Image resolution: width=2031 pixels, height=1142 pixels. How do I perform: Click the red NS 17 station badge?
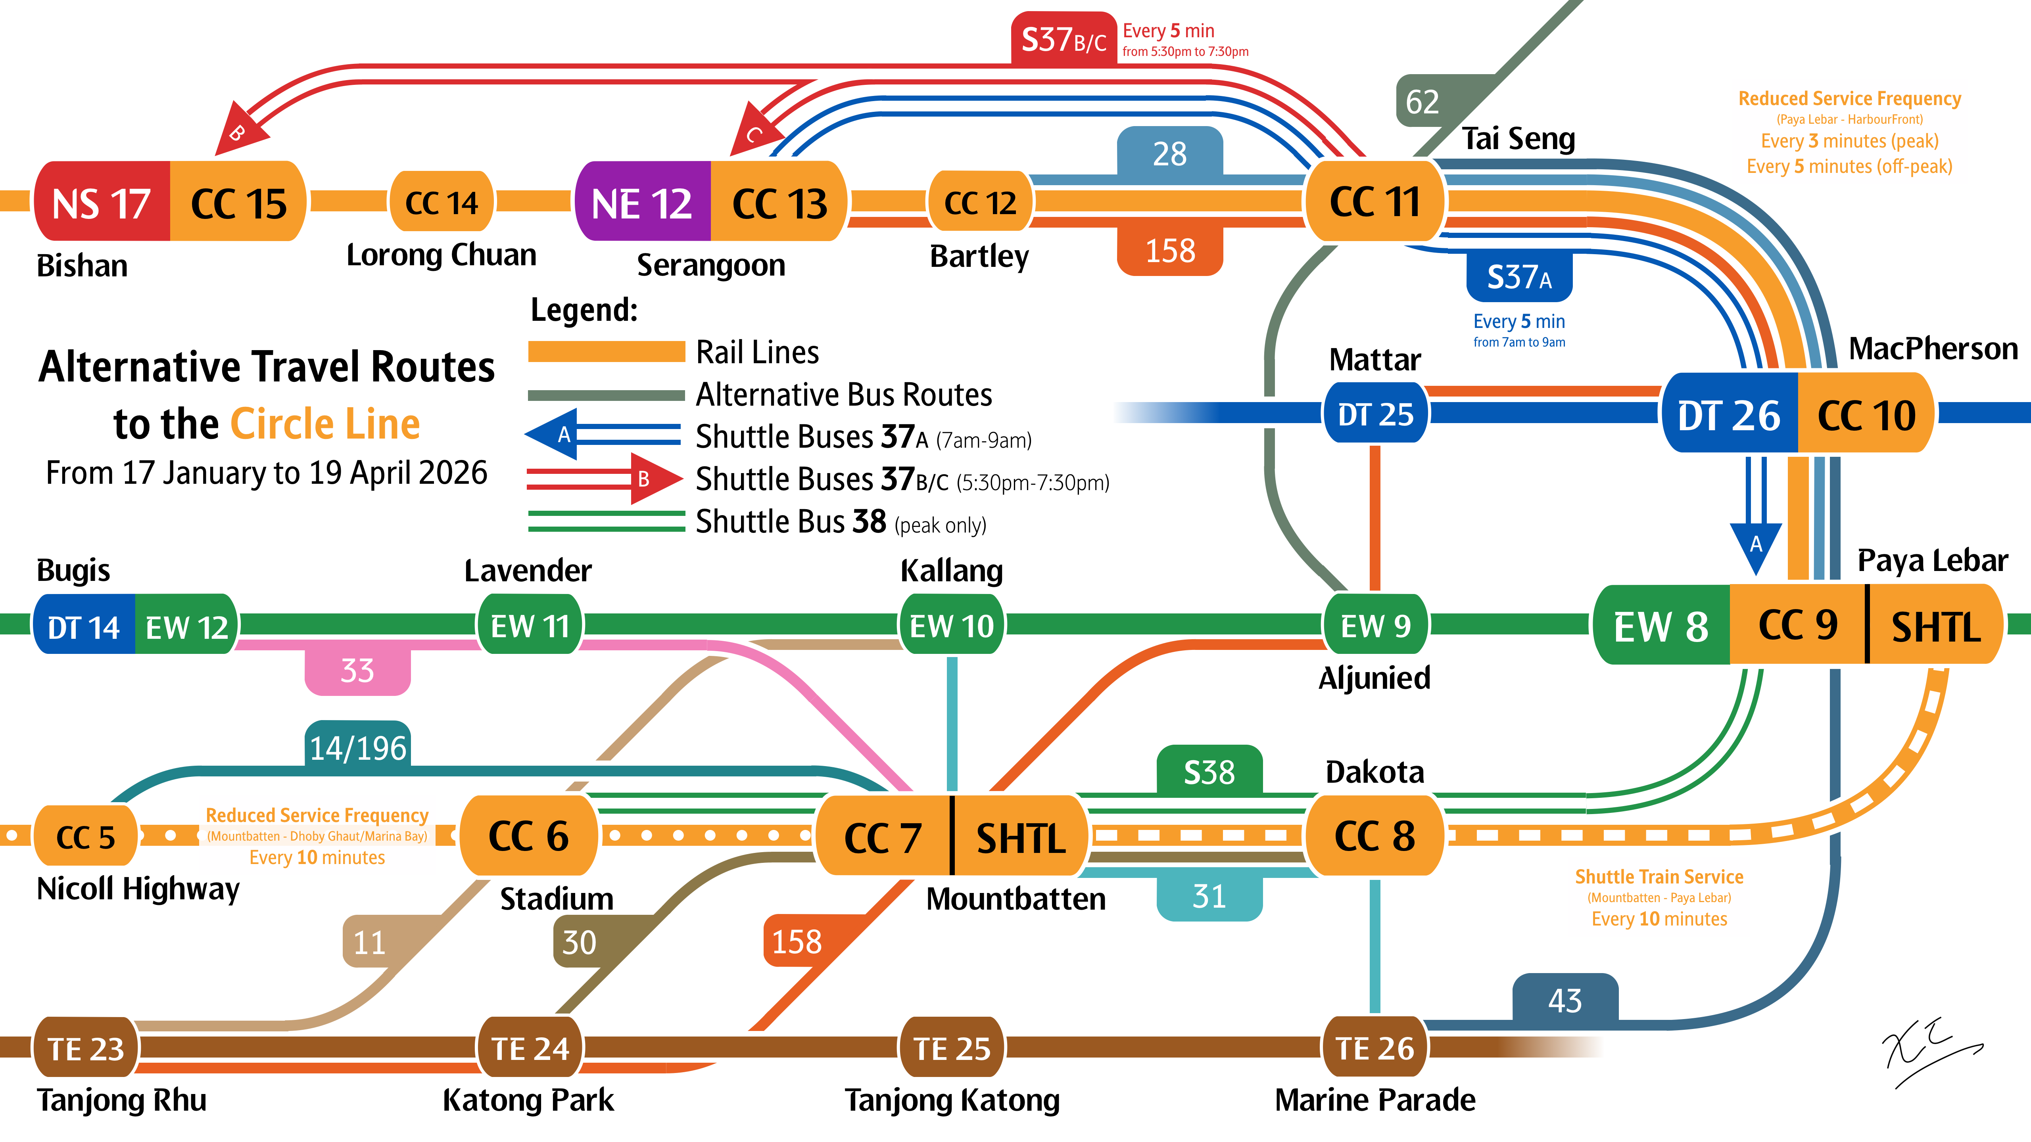click(x=102, y=203)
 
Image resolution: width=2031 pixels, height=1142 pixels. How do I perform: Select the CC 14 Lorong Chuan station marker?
click(x=442, y=203)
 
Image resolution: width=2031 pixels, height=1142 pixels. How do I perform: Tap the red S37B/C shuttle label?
click(x=1063, y=38)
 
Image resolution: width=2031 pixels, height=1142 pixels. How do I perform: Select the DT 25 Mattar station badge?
click(x=1375, y=414)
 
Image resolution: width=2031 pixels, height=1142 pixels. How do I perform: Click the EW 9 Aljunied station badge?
click(x=1375, y=626)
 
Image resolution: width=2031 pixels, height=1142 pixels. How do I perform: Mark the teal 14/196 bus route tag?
click(x=358, y=746)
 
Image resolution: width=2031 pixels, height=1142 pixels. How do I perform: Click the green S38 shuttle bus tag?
click(x=1209, y=772)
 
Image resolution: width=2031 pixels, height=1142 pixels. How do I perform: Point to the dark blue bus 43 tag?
click(x=1565, y=1000)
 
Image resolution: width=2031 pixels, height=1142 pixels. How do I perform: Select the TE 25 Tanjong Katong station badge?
click(x=952, y=1048)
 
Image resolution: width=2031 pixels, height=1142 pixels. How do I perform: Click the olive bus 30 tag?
click(x=580, y=942)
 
